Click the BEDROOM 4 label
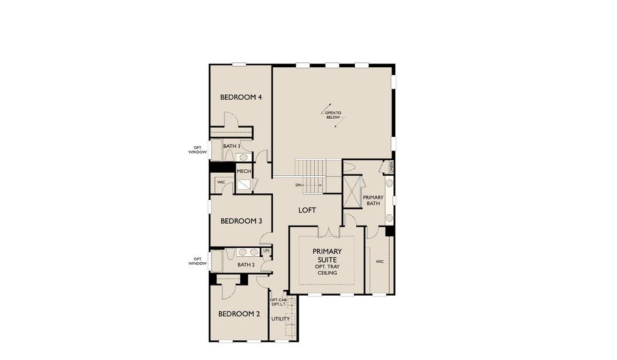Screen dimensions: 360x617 (240, 97)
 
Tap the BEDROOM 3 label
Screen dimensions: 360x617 (241, 221)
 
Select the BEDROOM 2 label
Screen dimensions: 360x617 (239, 314)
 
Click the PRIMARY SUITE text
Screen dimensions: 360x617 (327, 255)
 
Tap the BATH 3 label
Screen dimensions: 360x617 (232, 146)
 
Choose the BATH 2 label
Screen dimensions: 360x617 (246, 265)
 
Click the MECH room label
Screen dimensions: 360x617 (244, 171)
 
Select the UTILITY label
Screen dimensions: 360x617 (280, 319)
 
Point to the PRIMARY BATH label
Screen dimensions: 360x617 (373, 200)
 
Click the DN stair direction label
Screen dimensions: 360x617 (298, 185)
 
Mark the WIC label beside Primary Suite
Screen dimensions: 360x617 (380, 262)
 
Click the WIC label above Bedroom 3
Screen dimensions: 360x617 (221, 182)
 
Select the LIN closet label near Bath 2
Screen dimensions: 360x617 (266, 250)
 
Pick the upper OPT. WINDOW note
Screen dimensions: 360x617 (198, 150)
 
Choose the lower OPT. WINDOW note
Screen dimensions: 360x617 (197, 261)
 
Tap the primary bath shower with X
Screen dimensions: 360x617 (353, 191)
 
